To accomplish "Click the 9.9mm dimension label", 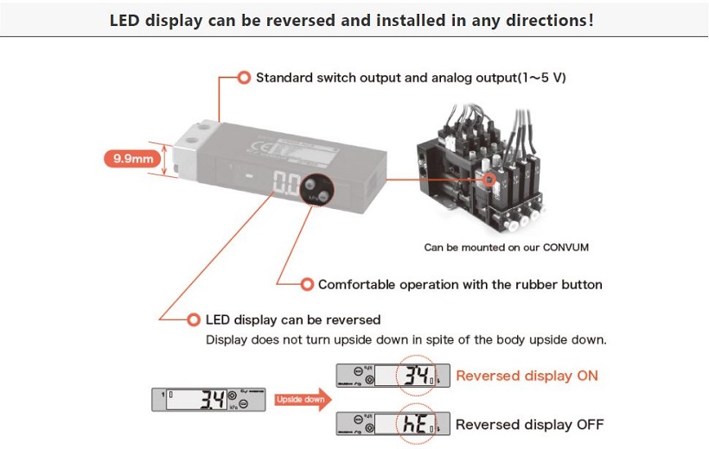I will pyautogui.click(x=128, y=159).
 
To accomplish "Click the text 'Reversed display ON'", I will pyautogui.click(x=527, y=376).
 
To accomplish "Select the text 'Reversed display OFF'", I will pyautogui.click(x=529, y=424).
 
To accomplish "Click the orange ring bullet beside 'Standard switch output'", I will pyautogui.click(x=245, y=78).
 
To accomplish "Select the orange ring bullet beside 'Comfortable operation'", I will pyautogui.click(x=306, y=284).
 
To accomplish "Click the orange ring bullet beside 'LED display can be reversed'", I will pyautogui.click(x=194, y=319).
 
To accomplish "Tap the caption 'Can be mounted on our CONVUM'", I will pyautogui.click(x=506, y=248).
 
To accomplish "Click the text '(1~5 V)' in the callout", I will pyautogui.click(x=541, y=78).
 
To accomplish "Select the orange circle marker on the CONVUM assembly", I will pyautogui.click(x=489, y=180).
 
